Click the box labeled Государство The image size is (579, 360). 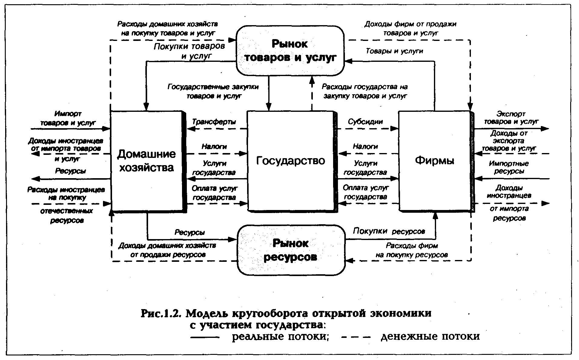click(x=291, y=161)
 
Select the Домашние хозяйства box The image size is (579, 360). click(x=147, y=161)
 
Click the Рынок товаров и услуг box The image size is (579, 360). click(x=290, y=50)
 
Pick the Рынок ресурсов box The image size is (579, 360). click(x=291, y=250)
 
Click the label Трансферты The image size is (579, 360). click(x=214, y=122)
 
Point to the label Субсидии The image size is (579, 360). click(x=365, y=122)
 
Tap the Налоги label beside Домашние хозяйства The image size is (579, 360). click(x=214, y=147)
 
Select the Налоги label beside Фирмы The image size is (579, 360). click(x=365, y=147)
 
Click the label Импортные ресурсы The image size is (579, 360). click(x=509, y=167)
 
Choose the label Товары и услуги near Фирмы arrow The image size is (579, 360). click(x=394, y=51)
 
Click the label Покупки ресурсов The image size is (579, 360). click(x=389, y=231)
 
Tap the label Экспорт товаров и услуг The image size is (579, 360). click(x=511, y=118)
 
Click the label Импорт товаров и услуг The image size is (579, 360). click(x=68, y=118)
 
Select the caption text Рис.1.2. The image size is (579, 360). click(x=161, y=313)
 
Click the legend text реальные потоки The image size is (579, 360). click(x=280, y=337)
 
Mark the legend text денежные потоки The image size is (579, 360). click(x=430, y=337)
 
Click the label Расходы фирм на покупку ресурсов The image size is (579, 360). click(x=412, y=250)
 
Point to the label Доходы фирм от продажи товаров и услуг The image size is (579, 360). click(x=410, y=28)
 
